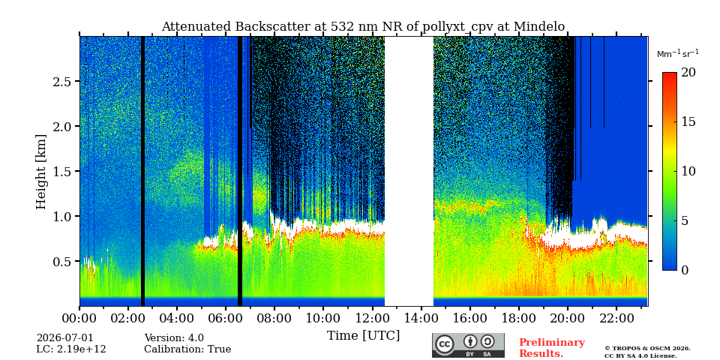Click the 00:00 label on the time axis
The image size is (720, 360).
coord(79,318)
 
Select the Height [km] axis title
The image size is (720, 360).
coord(41,172)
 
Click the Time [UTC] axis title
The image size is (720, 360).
coord(363,336)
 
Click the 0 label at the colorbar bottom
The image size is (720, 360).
coord(685,270)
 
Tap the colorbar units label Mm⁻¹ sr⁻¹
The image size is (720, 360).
coord(678,53)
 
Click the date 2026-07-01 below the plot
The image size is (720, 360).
coord(64,338)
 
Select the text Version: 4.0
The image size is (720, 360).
coord(174,338)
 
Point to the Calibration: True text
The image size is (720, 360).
coord(187,349)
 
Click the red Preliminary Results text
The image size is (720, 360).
coord(552,348)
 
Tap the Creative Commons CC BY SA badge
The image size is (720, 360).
coord(468,345)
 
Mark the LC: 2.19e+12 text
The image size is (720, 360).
coord(71,349)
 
